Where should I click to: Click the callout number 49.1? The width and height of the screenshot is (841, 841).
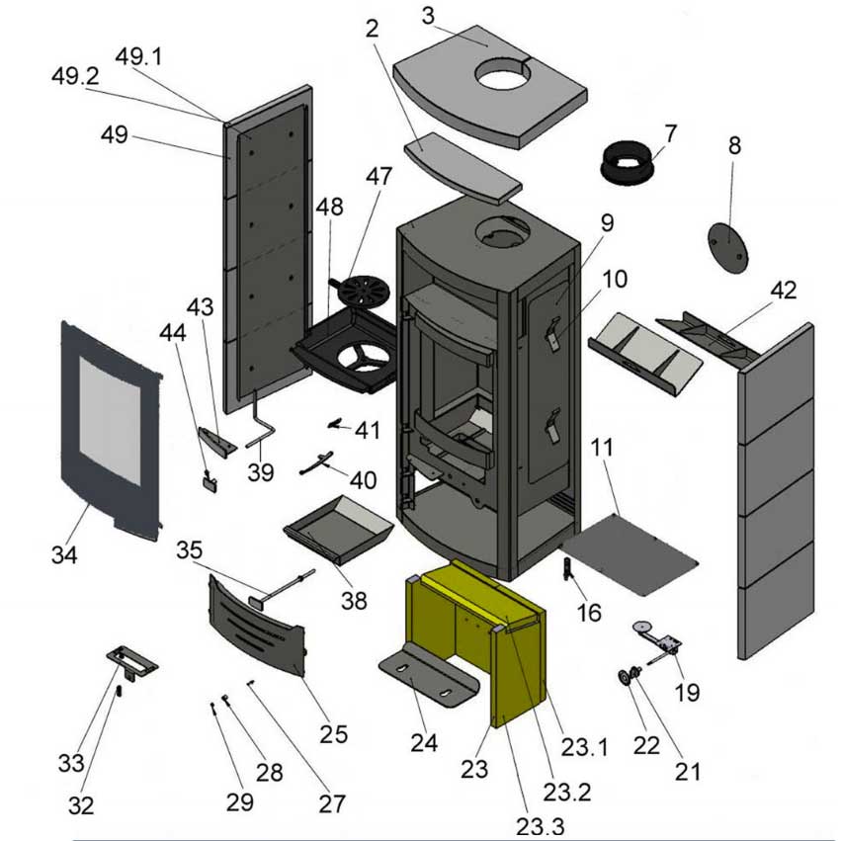(138, 56)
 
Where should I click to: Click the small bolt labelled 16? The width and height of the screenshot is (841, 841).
(568, 570)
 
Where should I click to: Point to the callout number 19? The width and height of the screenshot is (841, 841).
(687, 692)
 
